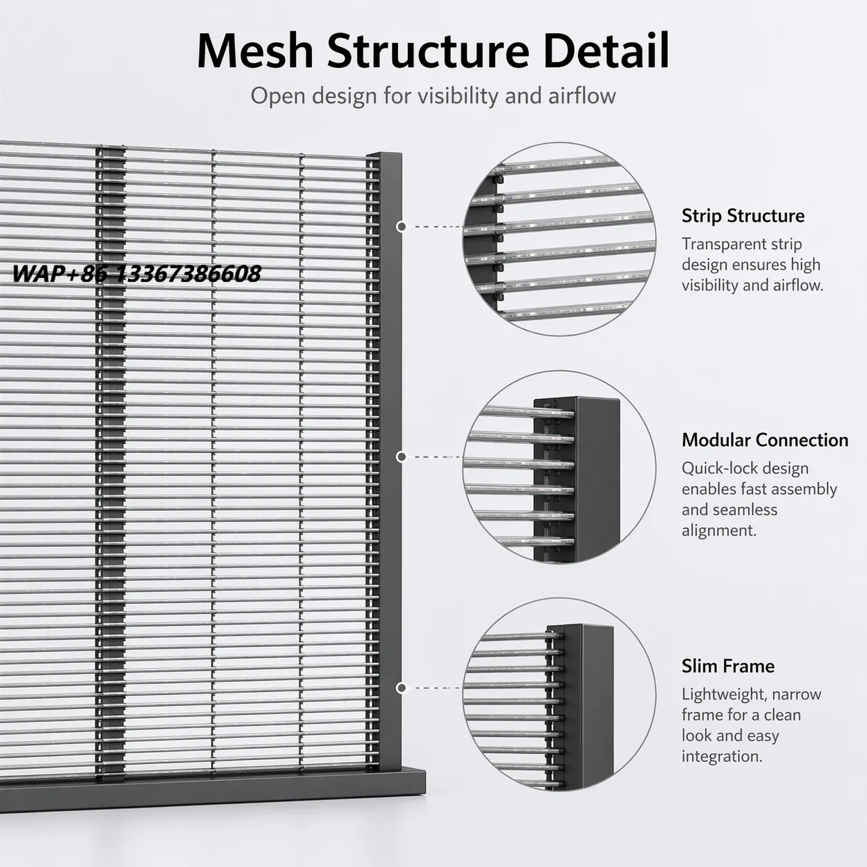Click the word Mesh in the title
[x=254, y=50]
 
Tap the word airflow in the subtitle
[x=581, y=96]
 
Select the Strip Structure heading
[x=743, y=216]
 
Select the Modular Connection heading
[x=765, y=440]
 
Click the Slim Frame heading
[x=728, y=666]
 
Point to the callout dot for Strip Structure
[x=401, y=227]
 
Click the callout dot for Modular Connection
[x=401, y=457]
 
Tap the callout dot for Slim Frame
[x=401, y=688]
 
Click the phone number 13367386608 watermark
[x=188, y=274]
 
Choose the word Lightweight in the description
[x=725, y=695]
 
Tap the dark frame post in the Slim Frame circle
[x=587, y=707]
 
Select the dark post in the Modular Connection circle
[x=585, y=479]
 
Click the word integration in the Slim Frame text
[x=722, y=757]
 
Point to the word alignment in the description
[x=719, y=531]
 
